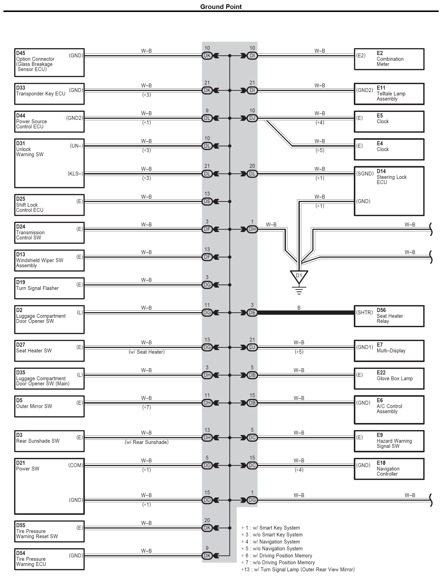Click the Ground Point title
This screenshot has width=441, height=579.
[x=221, y=7]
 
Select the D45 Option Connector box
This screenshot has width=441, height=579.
[x=49, y=62]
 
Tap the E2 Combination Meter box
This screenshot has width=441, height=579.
[x=389, y=59]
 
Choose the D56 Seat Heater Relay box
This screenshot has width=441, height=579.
[x=389, y=316]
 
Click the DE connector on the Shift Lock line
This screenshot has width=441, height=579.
[x=207, y=202]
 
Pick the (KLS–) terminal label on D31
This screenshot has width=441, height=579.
[x=75, y=174]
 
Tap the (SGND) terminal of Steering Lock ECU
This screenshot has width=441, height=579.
[x=365, y=174]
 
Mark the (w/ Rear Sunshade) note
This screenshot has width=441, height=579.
[x=147, y=442]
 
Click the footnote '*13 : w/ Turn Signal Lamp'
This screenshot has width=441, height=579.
[x=298, y=570]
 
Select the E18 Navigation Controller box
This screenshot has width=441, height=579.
[x=389, y=469]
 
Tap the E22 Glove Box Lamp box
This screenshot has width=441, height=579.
[x=389, y=379]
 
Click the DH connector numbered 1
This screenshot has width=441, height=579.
[x=252, y=229]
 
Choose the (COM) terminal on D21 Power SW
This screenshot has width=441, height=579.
[x=76, y=465]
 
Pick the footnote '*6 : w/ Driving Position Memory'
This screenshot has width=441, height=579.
[x=277, y=556]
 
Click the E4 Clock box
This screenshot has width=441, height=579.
[x=389, y=149]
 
